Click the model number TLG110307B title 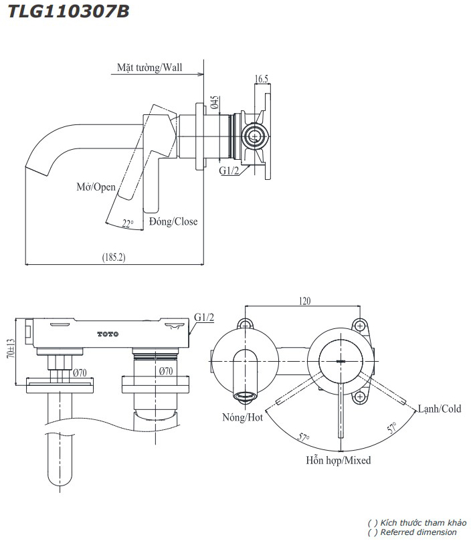coord(68,11)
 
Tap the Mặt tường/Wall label coord(149,68)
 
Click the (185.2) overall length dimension coord(114,257)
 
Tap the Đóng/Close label coord(173,221)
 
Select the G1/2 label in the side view coord(229,170)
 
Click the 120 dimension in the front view coord(304,302)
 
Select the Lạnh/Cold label coord(440,409)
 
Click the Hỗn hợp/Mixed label coord(339,460)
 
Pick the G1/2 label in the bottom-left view coord(204,316)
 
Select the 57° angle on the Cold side coord(390,427)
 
